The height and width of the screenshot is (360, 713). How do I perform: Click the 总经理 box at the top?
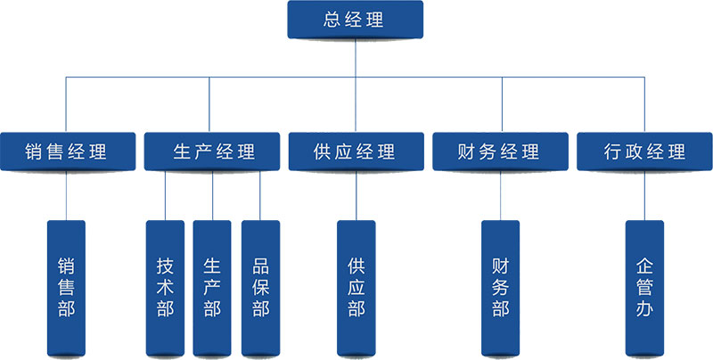tap(355, 20)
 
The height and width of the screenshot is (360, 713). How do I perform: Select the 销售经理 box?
tap(67, 151)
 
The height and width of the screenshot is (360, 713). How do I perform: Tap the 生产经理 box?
tap(212, 151)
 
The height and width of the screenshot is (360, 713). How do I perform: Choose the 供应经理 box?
tap(355, 151)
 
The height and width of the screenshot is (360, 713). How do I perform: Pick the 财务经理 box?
tap(499, 151)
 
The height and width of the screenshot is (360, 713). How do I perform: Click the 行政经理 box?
tap(643, 151)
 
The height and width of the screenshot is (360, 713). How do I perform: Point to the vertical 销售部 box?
tap(67, 287)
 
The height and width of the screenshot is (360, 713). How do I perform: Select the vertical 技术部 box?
tap(165, 287)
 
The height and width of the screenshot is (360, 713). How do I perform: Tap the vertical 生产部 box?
tap(212, 287)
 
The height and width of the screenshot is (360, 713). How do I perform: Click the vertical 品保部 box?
tap(260, 287)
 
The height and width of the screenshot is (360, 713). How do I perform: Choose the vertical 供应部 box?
tap(356, 287)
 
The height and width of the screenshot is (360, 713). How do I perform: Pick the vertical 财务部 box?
tap(500, 287)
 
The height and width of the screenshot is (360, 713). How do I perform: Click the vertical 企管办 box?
tap(644, 287)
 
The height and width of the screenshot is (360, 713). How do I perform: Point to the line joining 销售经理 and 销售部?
tap(67, 195)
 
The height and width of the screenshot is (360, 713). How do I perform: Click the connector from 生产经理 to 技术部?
tap(166, 195)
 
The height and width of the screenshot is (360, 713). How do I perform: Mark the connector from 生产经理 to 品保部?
tap(259, 195)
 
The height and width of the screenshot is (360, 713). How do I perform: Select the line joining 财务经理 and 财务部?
tap(500, 195)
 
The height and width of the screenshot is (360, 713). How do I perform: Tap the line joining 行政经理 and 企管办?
tap(644, 195)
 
